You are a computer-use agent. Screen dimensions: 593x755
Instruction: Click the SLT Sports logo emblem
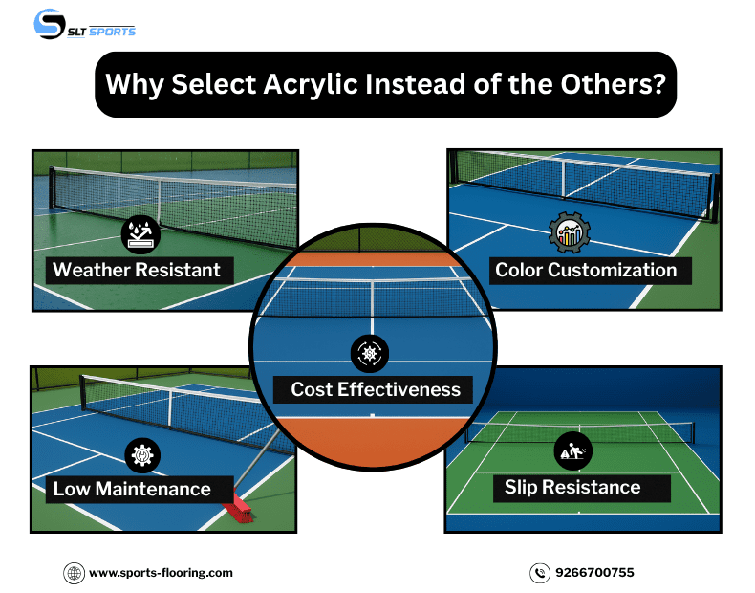(x=50, y=24)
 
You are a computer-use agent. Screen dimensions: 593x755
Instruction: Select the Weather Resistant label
(x=137, y=270)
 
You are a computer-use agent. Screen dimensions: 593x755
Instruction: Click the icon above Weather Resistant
(x=140, y=233)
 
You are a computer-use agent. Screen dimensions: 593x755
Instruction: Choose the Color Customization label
(x=586, y=270)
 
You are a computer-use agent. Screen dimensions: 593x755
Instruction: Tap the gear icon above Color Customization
(x=570, y=233)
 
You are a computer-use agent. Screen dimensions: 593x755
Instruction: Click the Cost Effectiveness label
(x=376, y=389)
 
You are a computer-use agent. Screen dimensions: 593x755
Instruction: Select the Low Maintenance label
(x=132, y=489)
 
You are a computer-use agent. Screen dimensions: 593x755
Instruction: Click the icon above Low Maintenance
(x=142, y=454)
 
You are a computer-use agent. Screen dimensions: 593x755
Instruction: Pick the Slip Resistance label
(x=572, y=488)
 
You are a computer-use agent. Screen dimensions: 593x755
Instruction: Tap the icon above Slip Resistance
(x=572, y=450)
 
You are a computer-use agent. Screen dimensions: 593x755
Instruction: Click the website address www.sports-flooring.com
(x=161, y=573)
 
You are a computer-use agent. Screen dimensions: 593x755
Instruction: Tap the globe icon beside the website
(x=75, y=573)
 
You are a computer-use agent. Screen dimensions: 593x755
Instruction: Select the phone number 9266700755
(x=593, y=573)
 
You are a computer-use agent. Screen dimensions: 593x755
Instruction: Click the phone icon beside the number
(x=540, y=573)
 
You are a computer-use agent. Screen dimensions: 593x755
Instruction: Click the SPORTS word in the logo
(x=113, y=31)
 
